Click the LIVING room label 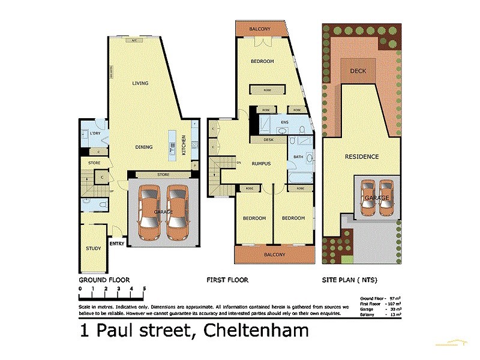point(140,83)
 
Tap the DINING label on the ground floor point(143,147)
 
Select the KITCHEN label point(184,146)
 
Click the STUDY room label point(93,248)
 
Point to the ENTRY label point(116,244)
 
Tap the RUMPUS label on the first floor point(262,163)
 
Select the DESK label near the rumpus point(268,140)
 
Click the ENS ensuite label point(285,122)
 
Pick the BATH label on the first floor point(298,157)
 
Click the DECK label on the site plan point(358,71)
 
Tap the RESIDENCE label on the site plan point(362,157)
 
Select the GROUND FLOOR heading point(104,280)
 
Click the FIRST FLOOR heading point(227,280)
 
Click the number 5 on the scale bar point(144,289)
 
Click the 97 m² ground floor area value point(395,298)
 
